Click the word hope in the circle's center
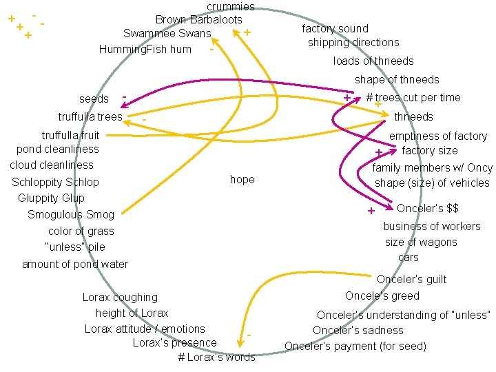click(242, 180)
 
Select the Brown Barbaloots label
click(198, 20)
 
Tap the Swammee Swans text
click(167, 33)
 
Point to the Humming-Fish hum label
click(145, 49)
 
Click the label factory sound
click(335, 28)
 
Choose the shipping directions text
click(353, 42)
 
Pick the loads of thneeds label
click(373, 61)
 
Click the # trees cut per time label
click(413, 98)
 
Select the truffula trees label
click(90, 116)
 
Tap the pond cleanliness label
click(58, 149)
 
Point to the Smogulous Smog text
click(71, 215)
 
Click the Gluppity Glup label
click(51, 198)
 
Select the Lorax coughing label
click(120, 298)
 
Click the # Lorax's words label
click(216, 357)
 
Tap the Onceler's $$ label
click(427, 208)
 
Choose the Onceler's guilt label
click(411, 279)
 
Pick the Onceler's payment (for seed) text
click(355, 346)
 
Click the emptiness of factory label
click(438, 136)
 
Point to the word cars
click(408, 258)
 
